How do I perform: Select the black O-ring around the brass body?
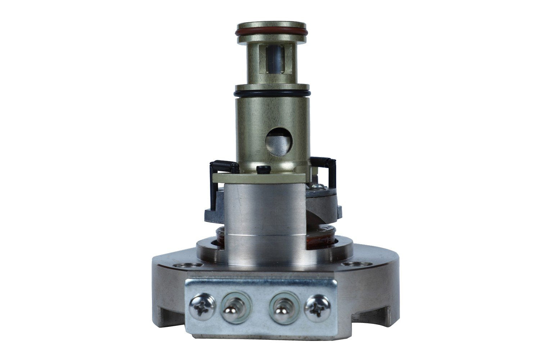click(272, 94)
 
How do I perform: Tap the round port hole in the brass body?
click(278, 141)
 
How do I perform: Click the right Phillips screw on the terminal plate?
click(318, 307)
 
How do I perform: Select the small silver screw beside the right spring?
click(317, 186)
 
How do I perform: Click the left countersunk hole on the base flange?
click(187, 266)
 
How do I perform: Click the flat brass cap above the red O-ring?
click(272, 26)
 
